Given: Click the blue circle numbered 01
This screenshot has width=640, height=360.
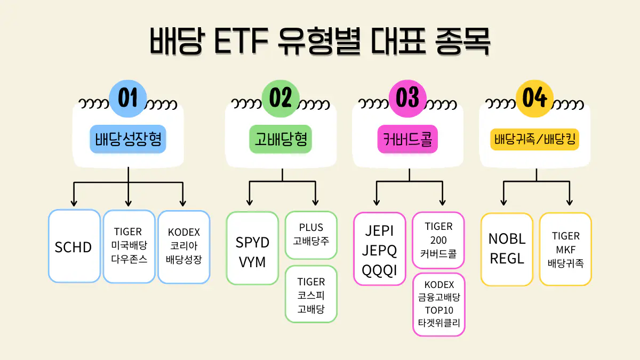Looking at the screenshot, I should coord(127,99).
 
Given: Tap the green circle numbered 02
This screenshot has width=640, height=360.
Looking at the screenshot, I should coord(281,99).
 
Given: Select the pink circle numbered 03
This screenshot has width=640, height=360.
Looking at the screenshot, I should coord(408,99).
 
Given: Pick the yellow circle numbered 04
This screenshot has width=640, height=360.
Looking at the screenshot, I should coord(535,99).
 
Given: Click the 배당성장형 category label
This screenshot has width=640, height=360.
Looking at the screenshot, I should coord(128,139).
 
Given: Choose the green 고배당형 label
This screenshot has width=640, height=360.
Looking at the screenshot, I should coord(281,139).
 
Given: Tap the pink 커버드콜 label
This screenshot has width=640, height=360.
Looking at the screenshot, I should coord(408,139).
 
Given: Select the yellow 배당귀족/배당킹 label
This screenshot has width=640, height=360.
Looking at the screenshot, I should coord(535,140).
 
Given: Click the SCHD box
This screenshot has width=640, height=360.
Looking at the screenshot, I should coord(74,246).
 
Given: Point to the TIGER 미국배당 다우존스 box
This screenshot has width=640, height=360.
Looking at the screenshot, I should coord(129,246).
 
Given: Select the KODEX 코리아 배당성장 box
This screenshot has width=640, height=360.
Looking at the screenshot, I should coord(183,246).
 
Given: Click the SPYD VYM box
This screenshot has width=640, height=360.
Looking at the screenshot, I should coord(252,248).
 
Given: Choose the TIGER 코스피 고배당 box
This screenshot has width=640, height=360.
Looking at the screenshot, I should coord(311,294).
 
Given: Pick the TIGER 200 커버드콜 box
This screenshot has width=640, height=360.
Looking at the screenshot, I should coord(438,240).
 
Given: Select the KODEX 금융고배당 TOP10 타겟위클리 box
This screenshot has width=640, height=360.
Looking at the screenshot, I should coord(438,305).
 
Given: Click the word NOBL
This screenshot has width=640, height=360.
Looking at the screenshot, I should coord(507,238).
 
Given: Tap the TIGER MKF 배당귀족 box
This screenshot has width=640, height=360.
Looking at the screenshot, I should coord(565,249).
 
